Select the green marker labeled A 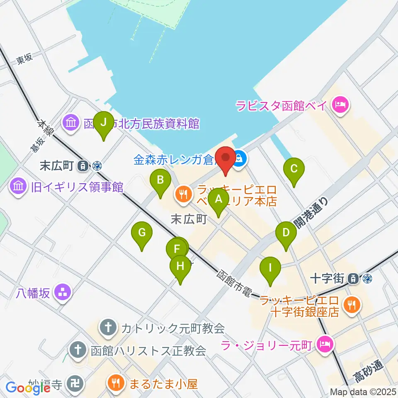click(218, 199)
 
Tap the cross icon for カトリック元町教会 click(107, 328)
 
